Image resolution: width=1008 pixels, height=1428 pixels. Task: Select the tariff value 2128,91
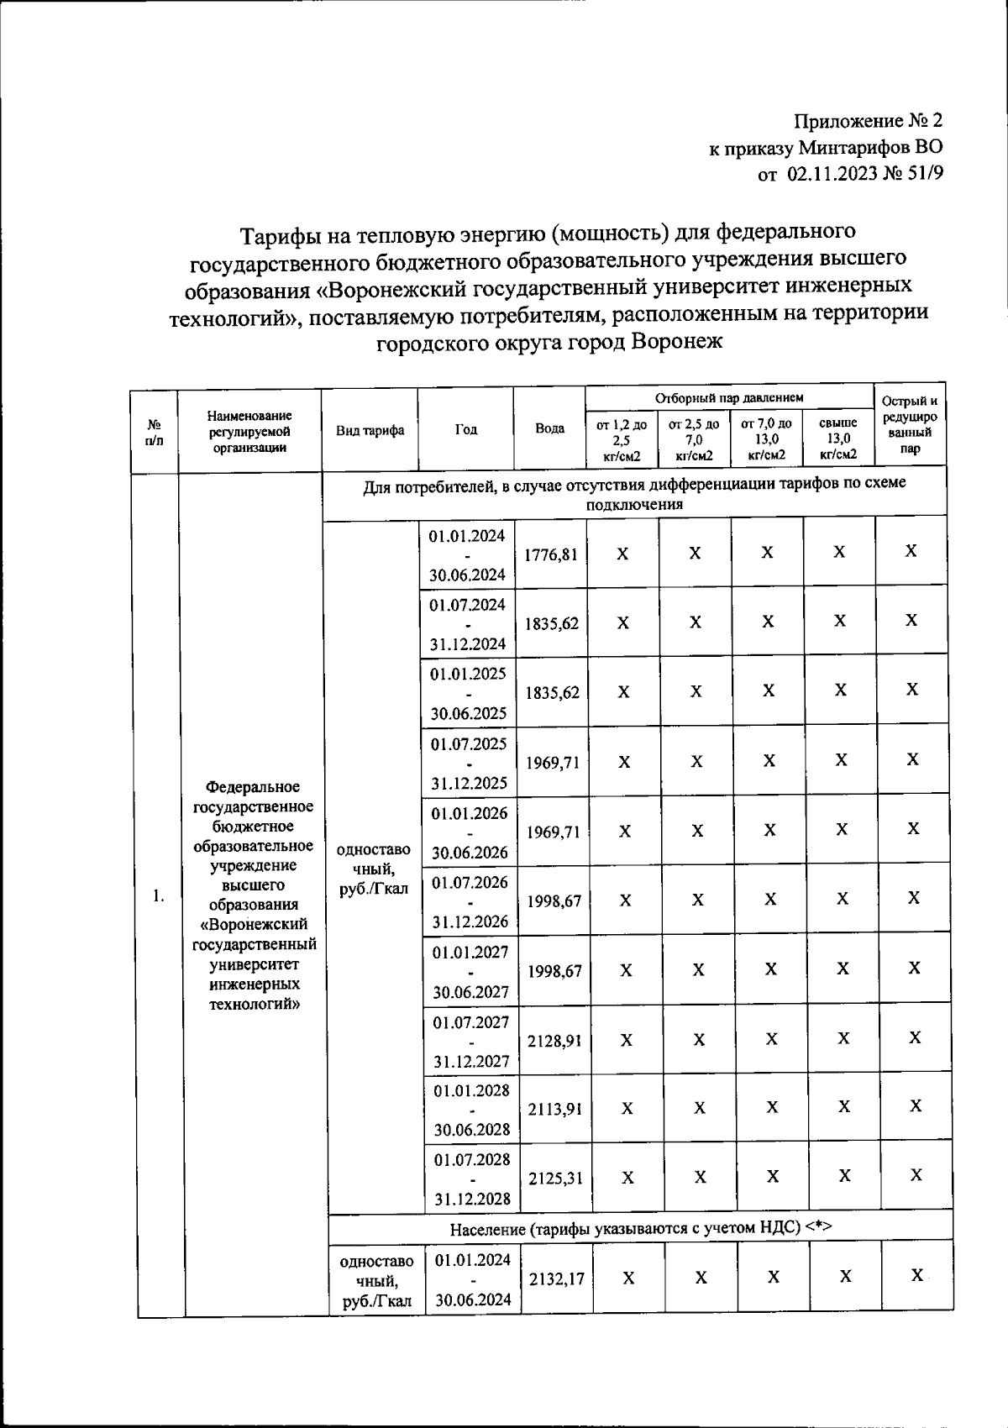click(554, 1041)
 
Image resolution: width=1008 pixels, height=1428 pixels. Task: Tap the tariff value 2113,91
click(554, 1109)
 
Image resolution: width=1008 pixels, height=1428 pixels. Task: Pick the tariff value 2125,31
click(554, 1178)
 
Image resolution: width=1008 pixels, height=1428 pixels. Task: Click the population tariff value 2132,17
click(555, 1278)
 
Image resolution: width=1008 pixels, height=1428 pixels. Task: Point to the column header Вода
click(549, 428)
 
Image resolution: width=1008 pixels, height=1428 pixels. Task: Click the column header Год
click(466, 428)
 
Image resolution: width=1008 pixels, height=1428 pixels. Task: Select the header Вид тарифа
click(370, 430)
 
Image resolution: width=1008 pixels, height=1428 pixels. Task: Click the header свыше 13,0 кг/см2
click(837, 438)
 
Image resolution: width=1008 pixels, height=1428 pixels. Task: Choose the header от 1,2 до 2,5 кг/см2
click(622, 439)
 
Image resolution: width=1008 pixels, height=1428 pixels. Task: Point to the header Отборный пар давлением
click(729, 397)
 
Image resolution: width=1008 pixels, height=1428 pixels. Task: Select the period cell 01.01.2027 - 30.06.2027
click(470, 971)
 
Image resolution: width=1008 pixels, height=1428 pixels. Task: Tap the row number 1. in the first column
click(159, 896)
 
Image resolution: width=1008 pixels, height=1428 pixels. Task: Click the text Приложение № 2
click(869, 121)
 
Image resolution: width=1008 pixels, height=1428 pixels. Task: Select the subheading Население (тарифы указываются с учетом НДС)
click(640, 1228)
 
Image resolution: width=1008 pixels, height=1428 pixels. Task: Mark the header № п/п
click(154, 430)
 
